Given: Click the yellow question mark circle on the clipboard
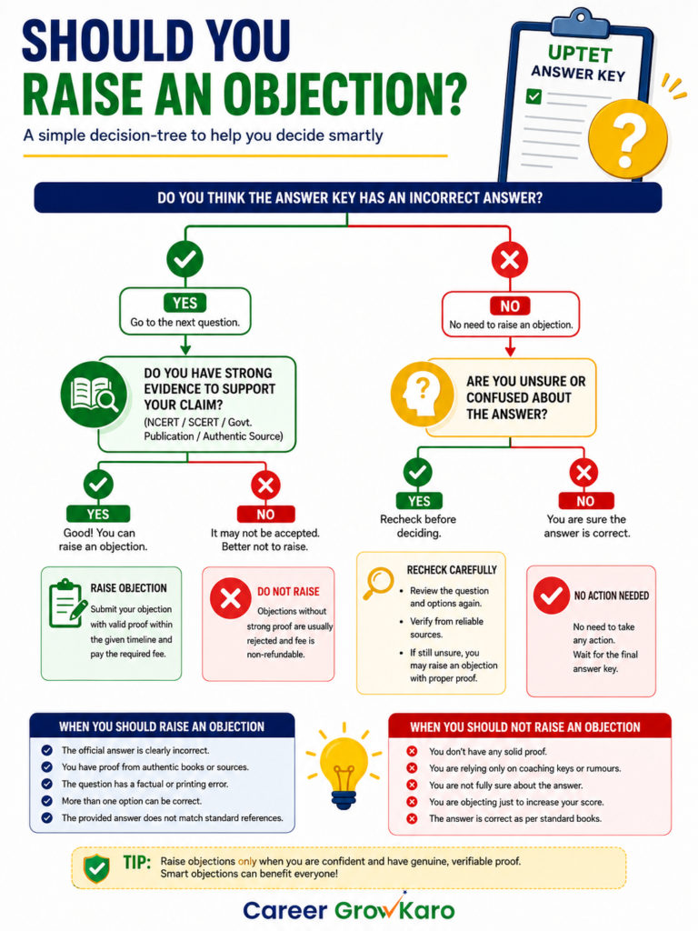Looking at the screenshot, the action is point(627,139).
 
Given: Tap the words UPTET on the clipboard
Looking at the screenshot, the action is point(580,54).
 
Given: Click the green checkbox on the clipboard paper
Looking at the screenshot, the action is point(533,95).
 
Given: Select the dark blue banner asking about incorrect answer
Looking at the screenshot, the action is point(348,197).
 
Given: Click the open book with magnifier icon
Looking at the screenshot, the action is point(94,395).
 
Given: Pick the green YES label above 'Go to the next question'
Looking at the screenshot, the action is point(185,303).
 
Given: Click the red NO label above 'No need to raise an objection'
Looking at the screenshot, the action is point(510,305).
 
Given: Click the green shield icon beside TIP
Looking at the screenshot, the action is point(96,868).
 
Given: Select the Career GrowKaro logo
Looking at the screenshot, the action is point(349,909).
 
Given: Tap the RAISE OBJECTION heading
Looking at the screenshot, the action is point(128,588).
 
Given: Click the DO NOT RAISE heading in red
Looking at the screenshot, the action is point(288,591).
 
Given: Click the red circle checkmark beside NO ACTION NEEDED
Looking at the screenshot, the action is point(551,595).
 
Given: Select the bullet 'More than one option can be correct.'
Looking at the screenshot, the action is point(132,801).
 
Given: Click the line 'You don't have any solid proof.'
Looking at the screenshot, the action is point(488,752).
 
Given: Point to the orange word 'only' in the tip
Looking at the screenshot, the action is point(247,861).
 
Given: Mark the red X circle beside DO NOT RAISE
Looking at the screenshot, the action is point(230,598).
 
